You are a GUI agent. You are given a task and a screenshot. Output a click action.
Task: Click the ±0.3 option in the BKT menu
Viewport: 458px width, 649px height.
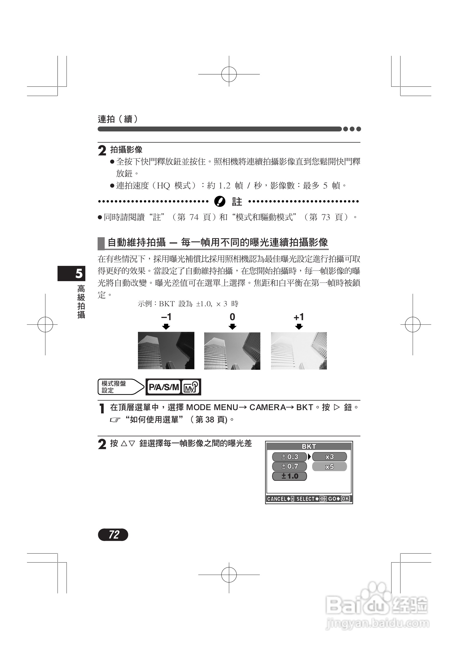click(289, 456)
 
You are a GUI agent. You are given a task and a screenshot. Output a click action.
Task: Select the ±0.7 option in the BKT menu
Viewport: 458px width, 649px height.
click(289, 466)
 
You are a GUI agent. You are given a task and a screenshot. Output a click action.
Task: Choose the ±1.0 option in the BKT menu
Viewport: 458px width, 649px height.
click(289, 476)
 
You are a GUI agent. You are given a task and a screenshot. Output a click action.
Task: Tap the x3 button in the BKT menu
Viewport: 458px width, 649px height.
click(329, 456)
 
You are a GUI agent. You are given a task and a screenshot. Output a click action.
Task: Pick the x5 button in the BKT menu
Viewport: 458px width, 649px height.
click(329, 466)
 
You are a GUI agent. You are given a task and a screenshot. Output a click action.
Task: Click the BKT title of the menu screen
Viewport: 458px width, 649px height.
click(309, 446)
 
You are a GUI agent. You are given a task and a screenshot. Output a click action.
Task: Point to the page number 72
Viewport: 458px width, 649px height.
click(113, 534)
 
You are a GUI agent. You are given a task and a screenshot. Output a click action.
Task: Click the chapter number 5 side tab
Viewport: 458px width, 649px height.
click(72, 273)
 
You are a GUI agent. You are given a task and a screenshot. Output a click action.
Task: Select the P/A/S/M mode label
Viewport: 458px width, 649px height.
click(164, 387)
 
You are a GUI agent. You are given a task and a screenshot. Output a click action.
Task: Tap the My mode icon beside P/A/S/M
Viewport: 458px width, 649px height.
click(191, 387)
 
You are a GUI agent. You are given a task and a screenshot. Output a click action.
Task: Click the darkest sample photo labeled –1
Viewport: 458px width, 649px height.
click(166, 350)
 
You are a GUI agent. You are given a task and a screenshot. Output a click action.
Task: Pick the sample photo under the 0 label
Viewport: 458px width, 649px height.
click(232, 351)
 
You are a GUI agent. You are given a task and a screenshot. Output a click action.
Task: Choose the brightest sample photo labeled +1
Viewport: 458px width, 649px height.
click(299, 351)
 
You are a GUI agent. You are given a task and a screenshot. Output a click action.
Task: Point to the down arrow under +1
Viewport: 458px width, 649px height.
click(299, 327)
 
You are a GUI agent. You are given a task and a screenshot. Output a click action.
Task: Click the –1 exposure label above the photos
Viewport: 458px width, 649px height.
click(166, 317)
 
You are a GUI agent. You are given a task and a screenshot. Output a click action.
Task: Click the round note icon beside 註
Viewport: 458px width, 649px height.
click(219, 202)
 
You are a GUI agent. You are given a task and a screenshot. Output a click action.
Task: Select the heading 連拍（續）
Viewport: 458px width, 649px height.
click(118, 119)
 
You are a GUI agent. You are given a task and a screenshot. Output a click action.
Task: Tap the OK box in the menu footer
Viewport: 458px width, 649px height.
click(345, 499)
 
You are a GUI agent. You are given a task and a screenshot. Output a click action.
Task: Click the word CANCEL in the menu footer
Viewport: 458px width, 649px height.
click(277, 499)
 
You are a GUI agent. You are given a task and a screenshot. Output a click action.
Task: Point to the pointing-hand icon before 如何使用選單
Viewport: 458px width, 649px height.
click(115, 420)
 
